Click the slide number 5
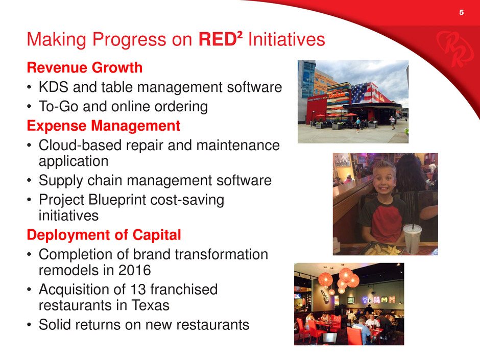point(461,12)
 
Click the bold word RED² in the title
point(221,39)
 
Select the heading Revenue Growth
point(84,67)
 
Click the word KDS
point(53,87)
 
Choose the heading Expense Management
point(104,126)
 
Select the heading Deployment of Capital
point(104,235)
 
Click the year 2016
point(134,270)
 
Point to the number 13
point(137,290)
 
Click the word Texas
point(150,305)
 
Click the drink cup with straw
point(413,237)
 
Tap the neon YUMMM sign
point(379,300)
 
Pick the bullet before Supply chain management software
point(29,181)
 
